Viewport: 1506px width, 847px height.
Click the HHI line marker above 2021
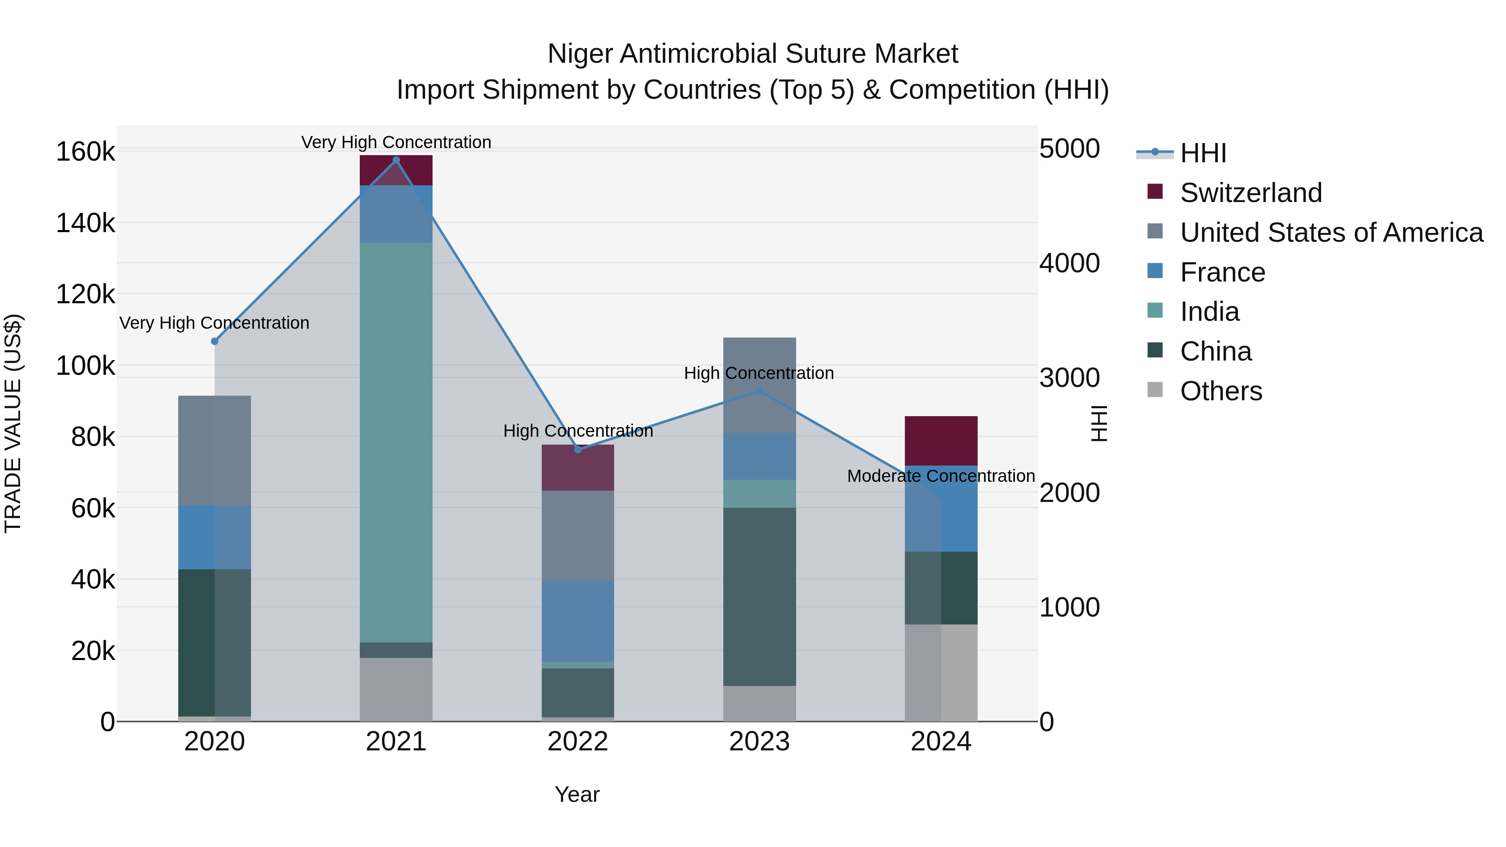click(396, 160)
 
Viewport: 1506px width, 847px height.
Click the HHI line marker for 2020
click(215, 341)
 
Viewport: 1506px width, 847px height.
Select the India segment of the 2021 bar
click(396, 443)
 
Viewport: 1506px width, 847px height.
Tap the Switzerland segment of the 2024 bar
click(941, 441)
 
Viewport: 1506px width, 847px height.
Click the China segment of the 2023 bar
click(759, 596)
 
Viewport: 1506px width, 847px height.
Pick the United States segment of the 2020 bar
click(215, 450)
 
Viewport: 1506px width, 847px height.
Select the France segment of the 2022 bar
click(578, 621)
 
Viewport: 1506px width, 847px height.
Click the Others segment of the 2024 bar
click(941, 672)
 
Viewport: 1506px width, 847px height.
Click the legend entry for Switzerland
click(1250, 193)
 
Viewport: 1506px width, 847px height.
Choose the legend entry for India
click(1209, 312)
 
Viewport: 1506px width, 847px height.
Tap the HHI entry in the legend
click(1203, 153)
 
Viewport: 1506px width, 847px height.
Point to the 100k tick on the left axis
click(85, 366)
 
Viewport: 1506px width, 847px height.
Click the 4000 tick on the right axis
click(1069, 263)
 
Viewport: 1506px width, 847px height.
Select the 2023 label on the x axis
click(759, 742)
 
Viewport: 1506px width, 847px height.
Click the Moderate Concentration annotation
click(941, 476)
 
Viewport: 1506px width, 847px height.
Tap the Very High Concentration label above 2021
click(396, 142)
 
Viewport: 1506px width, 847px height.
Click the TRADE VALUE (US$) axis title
click(13, 423)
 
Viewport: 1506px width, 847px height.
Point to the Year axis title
click(577, 794)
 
